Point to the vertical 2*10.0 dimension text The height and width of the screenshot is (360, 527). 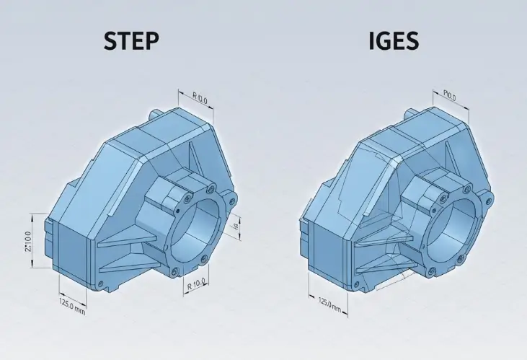[27, 242]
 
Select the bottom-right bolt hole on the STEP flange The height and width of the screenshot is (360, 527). [205, 258]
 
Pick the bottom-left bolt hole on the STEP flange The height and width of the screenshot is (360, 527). [172, 273]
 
